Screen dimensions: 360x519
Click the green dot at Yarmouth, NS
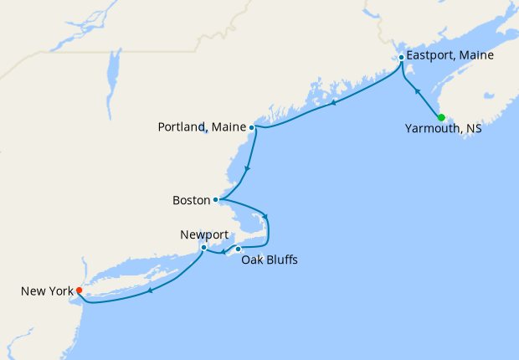coord(441,116)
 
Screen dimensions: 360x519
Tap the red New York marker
coord(79,291)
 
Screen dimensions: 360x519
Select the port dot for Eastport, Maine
coord(402,57)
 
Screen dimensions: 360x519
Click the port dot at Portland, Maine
coord(252,128)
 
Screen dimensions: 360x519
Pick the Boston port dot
coord(216,199)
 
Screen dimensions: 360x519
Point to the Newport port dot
coord(203,248)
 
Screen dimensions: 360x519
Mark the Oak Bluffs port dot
coord(238,249)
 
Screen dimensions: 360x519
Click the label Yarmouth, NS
coord(443,130)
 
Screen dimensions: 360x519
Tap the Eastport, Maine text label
coord(451,56)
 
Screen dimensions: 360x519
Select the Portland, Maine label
coord(203,127)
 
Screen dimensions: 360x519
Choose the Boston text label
coord(191,200)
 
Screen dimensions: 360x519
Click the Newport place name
coord(203,235)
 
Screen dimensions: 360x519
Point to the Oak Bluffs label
coord(269,260)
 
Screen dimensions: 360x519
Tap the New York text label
coord(46,291)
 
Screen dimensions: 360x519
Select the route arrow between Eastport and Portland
coord(334,103)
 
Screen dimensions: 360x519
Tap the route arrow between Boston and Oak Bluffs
coord(265,215)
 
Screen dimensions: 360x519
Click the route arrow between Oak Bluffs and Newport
coord(222,252)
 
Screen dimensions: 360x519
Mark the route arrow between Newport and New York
coord(150,291)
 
